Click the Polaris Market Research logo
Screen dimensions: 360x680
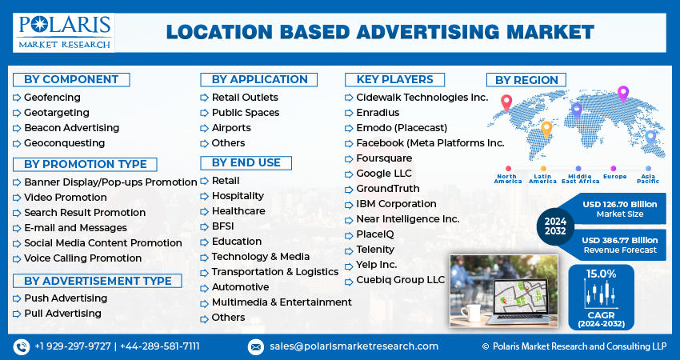click(x=64, y=31)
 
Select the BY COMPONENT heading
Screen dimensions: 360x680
click(x=71, y=79)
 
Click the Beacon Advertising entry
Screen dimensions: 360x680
click(x=71, y=128)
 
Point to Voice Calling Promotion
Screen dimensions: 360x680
click(x=82, y=258)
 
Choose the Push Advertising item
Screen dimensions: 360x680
click(x=65, y=298)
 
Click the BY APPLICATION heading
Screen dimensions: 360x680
click(x=259, y=79)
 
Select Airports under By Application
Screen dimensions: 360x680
click(x=230, y=128)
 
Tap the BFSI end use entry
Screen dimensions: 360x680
click(x=222, y=226)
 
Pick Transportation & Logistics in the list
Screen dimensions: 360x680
click(x=274, y=272)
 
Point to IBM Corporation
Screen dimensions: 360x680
click(x=396, y=204)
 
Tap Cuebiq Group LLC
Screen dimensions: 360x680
click(x=400, y=280)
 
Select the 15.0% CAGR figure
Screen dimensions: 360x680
click(x=601, y=274)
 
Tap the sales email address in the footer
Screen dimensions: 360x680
click(x=354, y=346)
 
